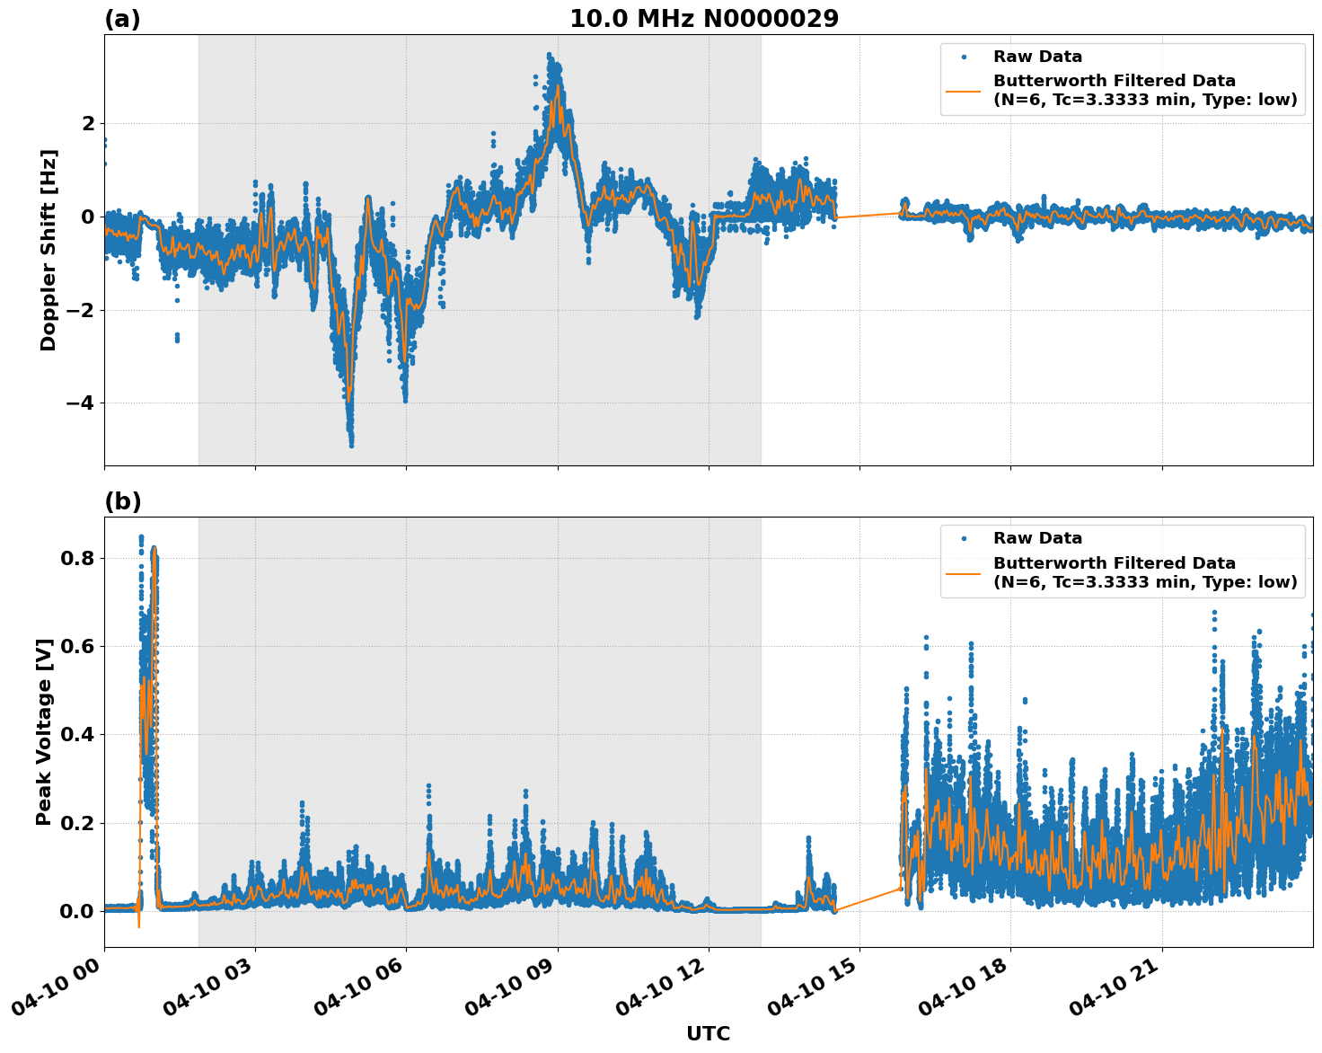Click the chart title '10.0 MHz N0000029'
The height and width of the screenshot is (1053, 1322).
[x=704, y=19]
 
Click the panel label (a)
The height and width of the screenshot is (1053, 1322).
[x=122, y=19]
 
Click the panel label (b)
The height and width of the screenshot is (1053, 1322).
[x=122, y=501]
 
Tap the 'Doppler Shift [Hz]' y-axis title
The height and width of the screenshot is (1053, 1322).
[x=48, y=251]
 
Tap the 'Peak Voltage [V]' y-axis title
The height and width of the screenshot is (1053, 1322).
[x=44, y=731]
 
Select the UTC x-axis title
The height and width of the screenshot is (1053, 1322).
[x=708, y=1033]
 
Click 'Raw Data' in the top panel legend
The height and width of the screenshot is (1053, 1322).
[x=1037, y=57]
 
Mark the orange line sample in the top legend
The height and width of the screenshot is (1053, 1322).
[x=964, y=90]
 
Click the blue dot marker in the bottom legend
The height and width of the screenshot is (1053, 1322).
[x=964, y=538]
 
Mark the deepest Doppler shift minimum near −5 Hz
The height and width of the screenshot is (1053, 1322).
[x=351, y=444]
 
